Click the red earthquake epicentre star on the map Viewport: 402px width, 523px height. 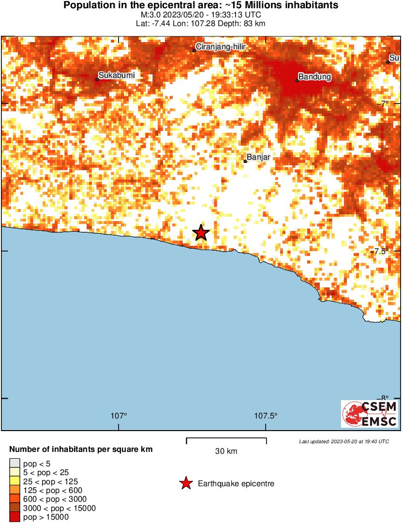201,233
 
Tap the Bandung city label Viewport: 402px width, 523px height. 314,76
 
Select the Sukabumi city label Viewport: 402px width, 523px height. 116,75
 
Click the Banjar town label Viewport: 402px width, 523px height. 258,157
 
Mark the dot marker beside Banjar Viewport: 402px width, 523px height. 245,161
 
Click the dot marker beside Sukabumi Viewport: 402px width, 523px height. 97,79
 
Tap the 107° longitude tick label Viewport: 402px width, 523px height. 119,416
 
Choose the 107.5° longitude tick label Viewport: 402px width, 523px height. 266,416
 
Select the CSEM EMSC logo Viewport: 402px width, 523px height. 370,414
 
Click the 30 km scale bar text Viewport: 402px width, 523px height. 226,451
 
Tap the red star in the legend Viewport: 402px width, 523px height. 185,483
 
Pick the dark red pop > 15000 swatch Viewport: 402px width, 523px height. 15,517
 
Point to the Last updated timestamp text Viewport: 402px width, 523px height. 343,441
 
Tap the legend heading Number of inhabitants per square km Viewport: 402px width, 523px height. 81,449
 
